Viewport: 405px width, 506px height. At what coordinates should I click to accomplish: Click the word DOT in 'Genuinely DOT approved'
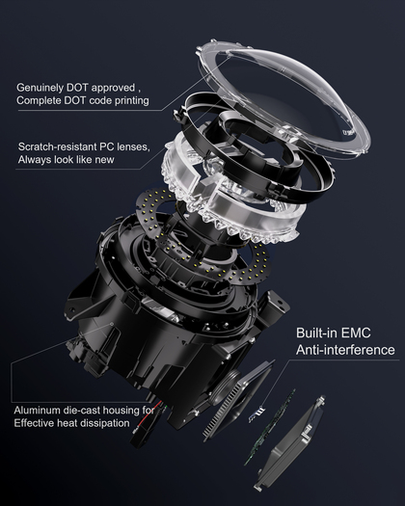click(77, 88)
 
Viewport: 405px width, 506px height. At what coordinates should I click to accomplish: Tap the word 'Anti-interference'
click(345, 350)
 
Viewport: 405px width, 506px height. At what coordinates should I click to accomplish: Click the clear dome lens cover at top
click(284, 95)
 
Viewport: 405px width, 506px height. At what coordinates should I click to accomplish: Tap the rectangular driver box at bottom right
click(289, 443)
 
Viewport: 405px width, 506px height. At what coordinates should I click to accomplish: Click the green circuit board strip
click(270, 427)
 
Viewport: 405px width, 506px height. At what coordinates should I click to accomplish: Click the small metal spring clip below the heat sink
click(256, 414)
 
